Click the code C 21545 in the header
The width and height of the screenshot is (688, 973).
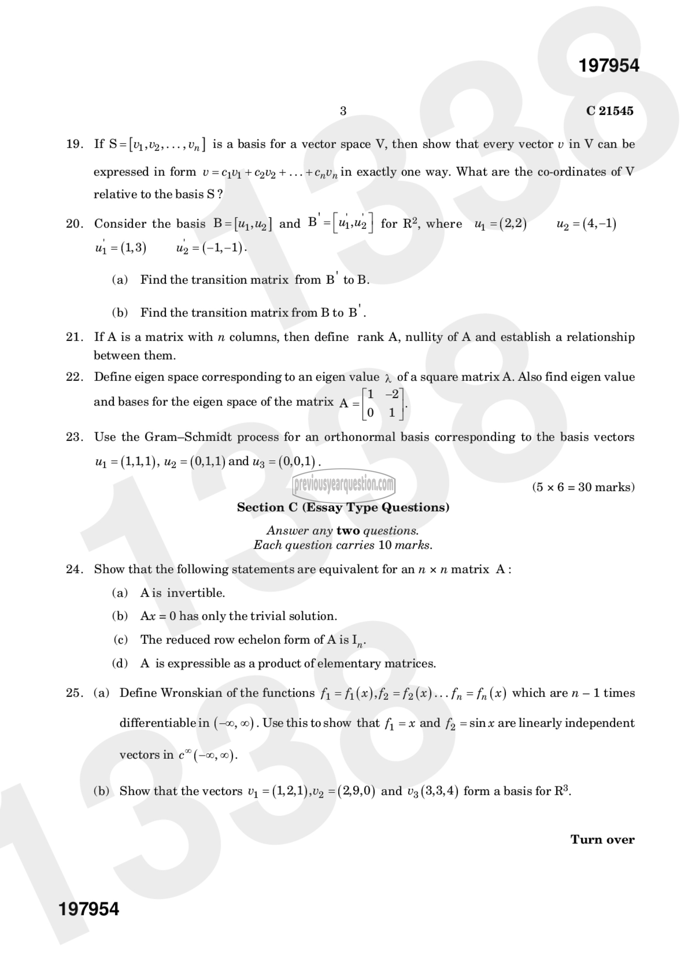[x=610, y=111]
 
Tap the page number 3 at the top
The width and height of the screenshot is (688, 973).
[x=343, y=111]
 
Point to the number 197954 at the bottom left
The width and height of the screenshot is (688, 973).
[x=89, y=909]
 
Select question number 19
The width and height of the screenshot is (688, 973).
[x=74, y=144]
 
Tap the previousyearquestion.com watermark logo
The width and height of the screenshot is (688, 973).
[x=344, y=484]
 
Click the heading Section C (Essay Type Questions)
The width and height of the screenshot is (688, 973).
[x=343, y=507]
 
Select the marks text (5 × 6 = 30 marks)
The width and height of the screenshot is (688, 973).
[x=583, y=487]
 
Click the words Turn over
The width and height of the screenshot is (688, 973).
[x=602, y=840]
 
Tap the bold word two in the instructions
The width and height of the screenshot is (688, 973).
[x=348, y=531]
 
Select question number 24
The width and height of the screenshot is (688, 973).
[x=74, y=569]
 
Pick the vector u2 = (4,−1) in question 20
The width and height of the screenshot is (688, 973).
[x=586, y=224]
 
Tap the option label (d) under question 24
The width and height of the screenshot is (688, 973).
[x=120, y=663]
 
